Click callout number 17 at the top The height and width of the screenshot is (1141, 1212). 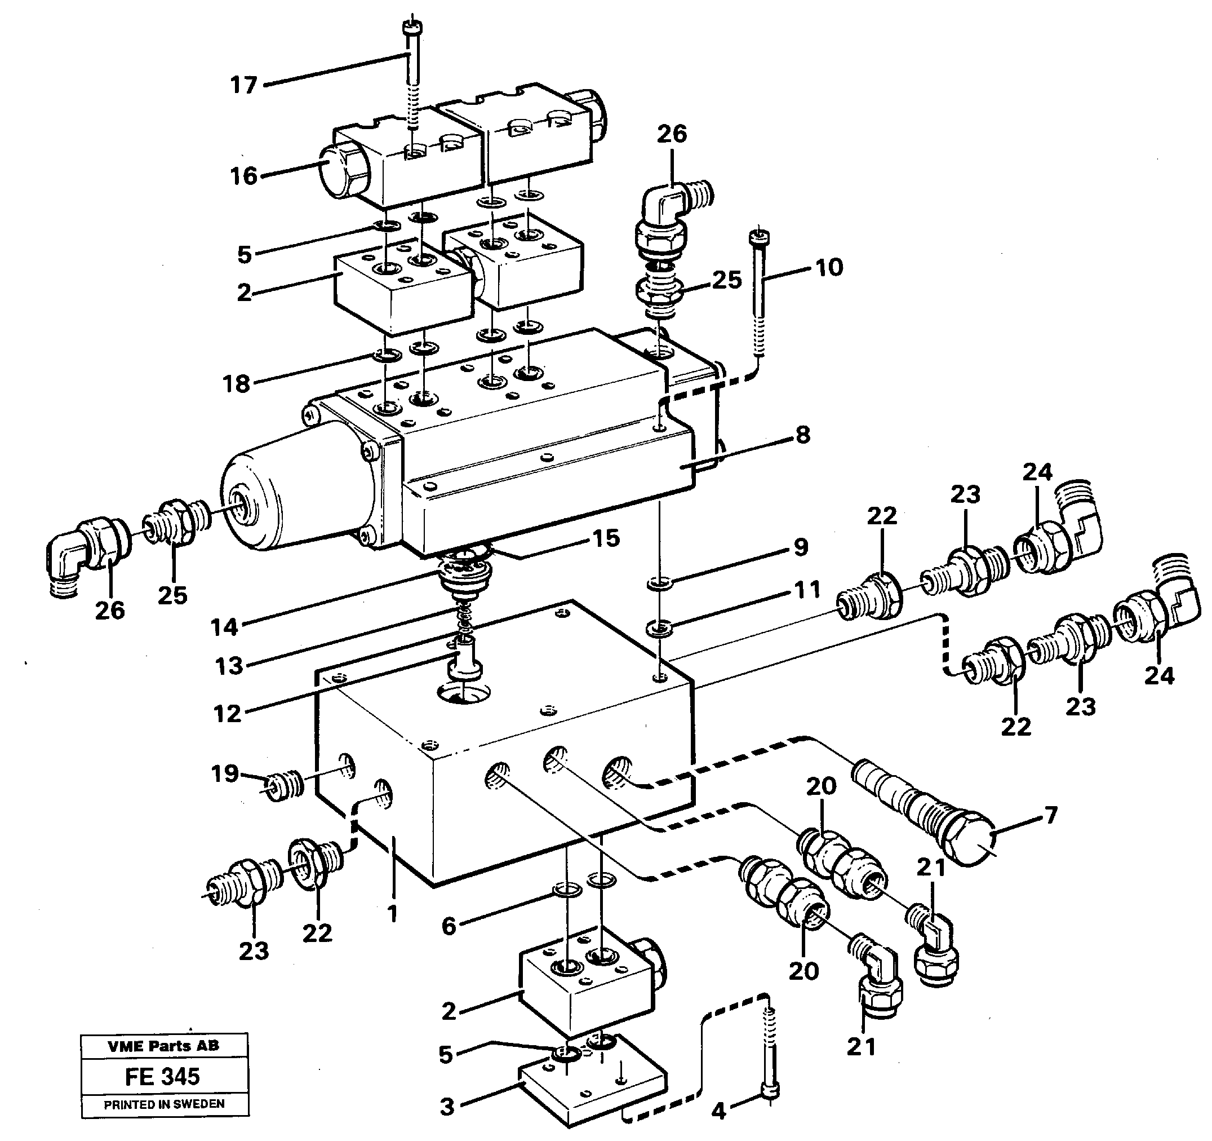(243, 85)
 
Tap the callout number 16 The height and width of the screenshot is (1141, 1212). (244, 176)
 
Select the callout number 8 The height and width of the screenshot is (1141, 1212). (803, 435)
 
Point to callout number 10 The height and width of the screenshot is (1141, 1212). (829, 267)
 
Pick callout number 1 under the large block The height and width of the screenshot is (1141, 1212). (392, 913)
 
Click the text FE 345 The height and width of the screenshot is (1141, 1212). (163, 1076)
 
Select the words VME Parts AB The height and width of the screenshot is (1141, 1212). (163, 1046)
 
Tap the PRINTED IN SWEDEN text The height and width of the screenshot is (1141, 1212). (164, 1104)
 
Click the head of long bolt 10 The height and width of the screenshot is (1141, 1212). (758, 235)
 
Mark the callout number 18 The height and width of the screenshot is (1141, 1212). (237, 384)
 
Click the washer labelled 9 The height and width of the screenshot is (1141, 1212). (659, 584)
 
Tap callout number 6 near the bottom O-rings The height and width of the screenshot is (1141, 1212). (449, 926)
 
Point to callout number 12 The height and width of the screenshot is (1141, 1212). (227, 713)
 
